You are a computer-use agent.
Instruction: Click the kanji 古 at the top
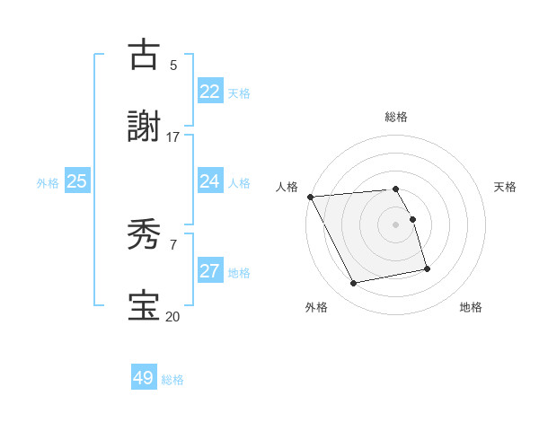tap(144, 55)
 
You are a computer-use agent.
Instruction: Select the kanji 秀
tap(144, 235)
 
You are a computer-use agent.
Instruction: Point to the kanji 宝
tap(144, 306)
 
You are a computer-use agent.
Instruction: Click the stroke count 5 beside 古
tap(172, 65)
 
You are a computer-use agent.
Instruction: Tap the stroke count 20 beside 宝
tap(172, 316)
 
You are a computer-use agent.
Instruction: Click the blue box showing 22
tap(209, 91)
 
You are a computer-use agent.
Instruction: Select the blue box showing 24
tap(209, 181)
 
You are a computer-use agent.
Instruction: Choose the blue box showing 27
tap(209, 271)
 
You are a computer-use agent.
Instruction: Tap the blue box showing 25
tap(76, 181)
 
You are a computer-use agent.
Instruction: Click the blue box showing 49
tap(144, 378)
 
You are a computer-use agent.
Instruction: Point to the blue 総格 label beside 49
tap(172, 380)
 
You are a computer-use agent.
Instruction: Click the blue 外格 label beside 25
tap(48, 182)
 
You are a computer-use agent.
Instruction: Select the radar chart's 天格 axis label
tap(505, 187)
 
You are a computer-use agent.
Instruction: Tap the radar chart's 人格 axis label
tap(287, 187)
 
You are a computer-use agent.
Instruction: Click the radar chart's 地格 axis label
tap(471, 307)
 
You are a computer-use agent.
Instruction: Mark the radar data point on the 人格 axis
tap(310, 197)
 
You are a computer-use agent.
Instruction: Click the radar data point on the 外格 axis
tap(354, 284)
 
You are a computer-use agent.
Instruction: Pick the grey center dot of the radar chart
tap(395, 224)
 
